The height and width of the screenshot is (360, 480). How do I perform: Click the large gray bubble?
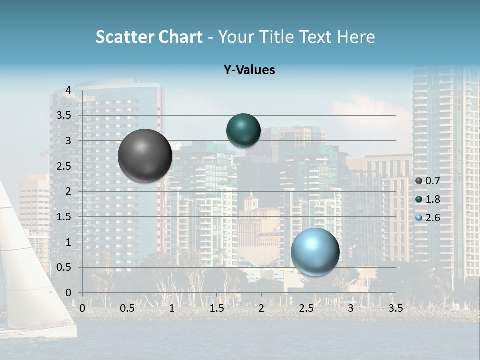pyautogui.click(x=145, y=156)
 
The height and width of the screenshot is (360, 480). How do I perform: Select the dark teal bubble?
pyautogui.click(x=243, y=130)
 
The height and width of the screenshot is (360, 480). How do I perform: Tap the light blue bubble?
pyautogui.click(x=315, y=252)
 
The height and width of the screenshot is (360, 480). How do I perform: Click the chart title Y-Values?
pyautogui.click(x=249, y=70)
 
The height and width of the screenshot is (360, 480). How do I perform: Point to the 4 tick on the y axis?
pyautogui.click(x=68, y=90)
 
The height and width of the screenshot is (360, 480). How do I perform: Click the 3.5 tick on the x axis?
pyautogui.click(x=395, y=308)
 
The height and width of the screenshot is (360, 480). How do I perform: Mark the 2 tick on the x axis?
pyautogui.click(x=261, y=308)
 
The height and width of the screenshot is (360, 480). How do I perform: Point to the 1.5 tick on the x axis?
pyautogui.click(x=216, y=308)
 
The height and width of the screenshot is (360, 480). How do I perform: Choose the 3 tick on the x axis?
pyautogui.click(x=351, y=308)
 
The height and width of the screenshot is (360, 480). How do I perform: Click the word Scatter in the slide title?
pyautogui.click(x=125, y=37)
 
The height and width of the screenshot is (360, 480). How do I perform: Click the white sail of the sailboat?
pyautogui.click(x=25, y=280)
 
